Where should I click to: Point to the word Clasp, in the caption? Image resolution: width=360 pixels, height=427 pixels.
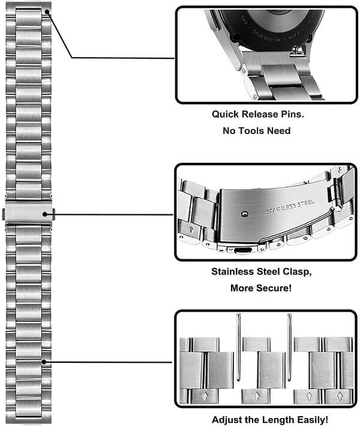[295, 271]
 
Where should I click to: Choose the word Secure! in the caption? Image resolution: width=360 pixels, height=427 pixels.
[272, 288]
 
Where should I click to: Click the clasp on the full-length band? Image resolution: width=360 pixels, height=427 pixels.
[29, 214]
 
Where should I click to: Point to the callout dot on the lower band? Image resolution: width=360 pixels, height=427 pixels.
[46, 362]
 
